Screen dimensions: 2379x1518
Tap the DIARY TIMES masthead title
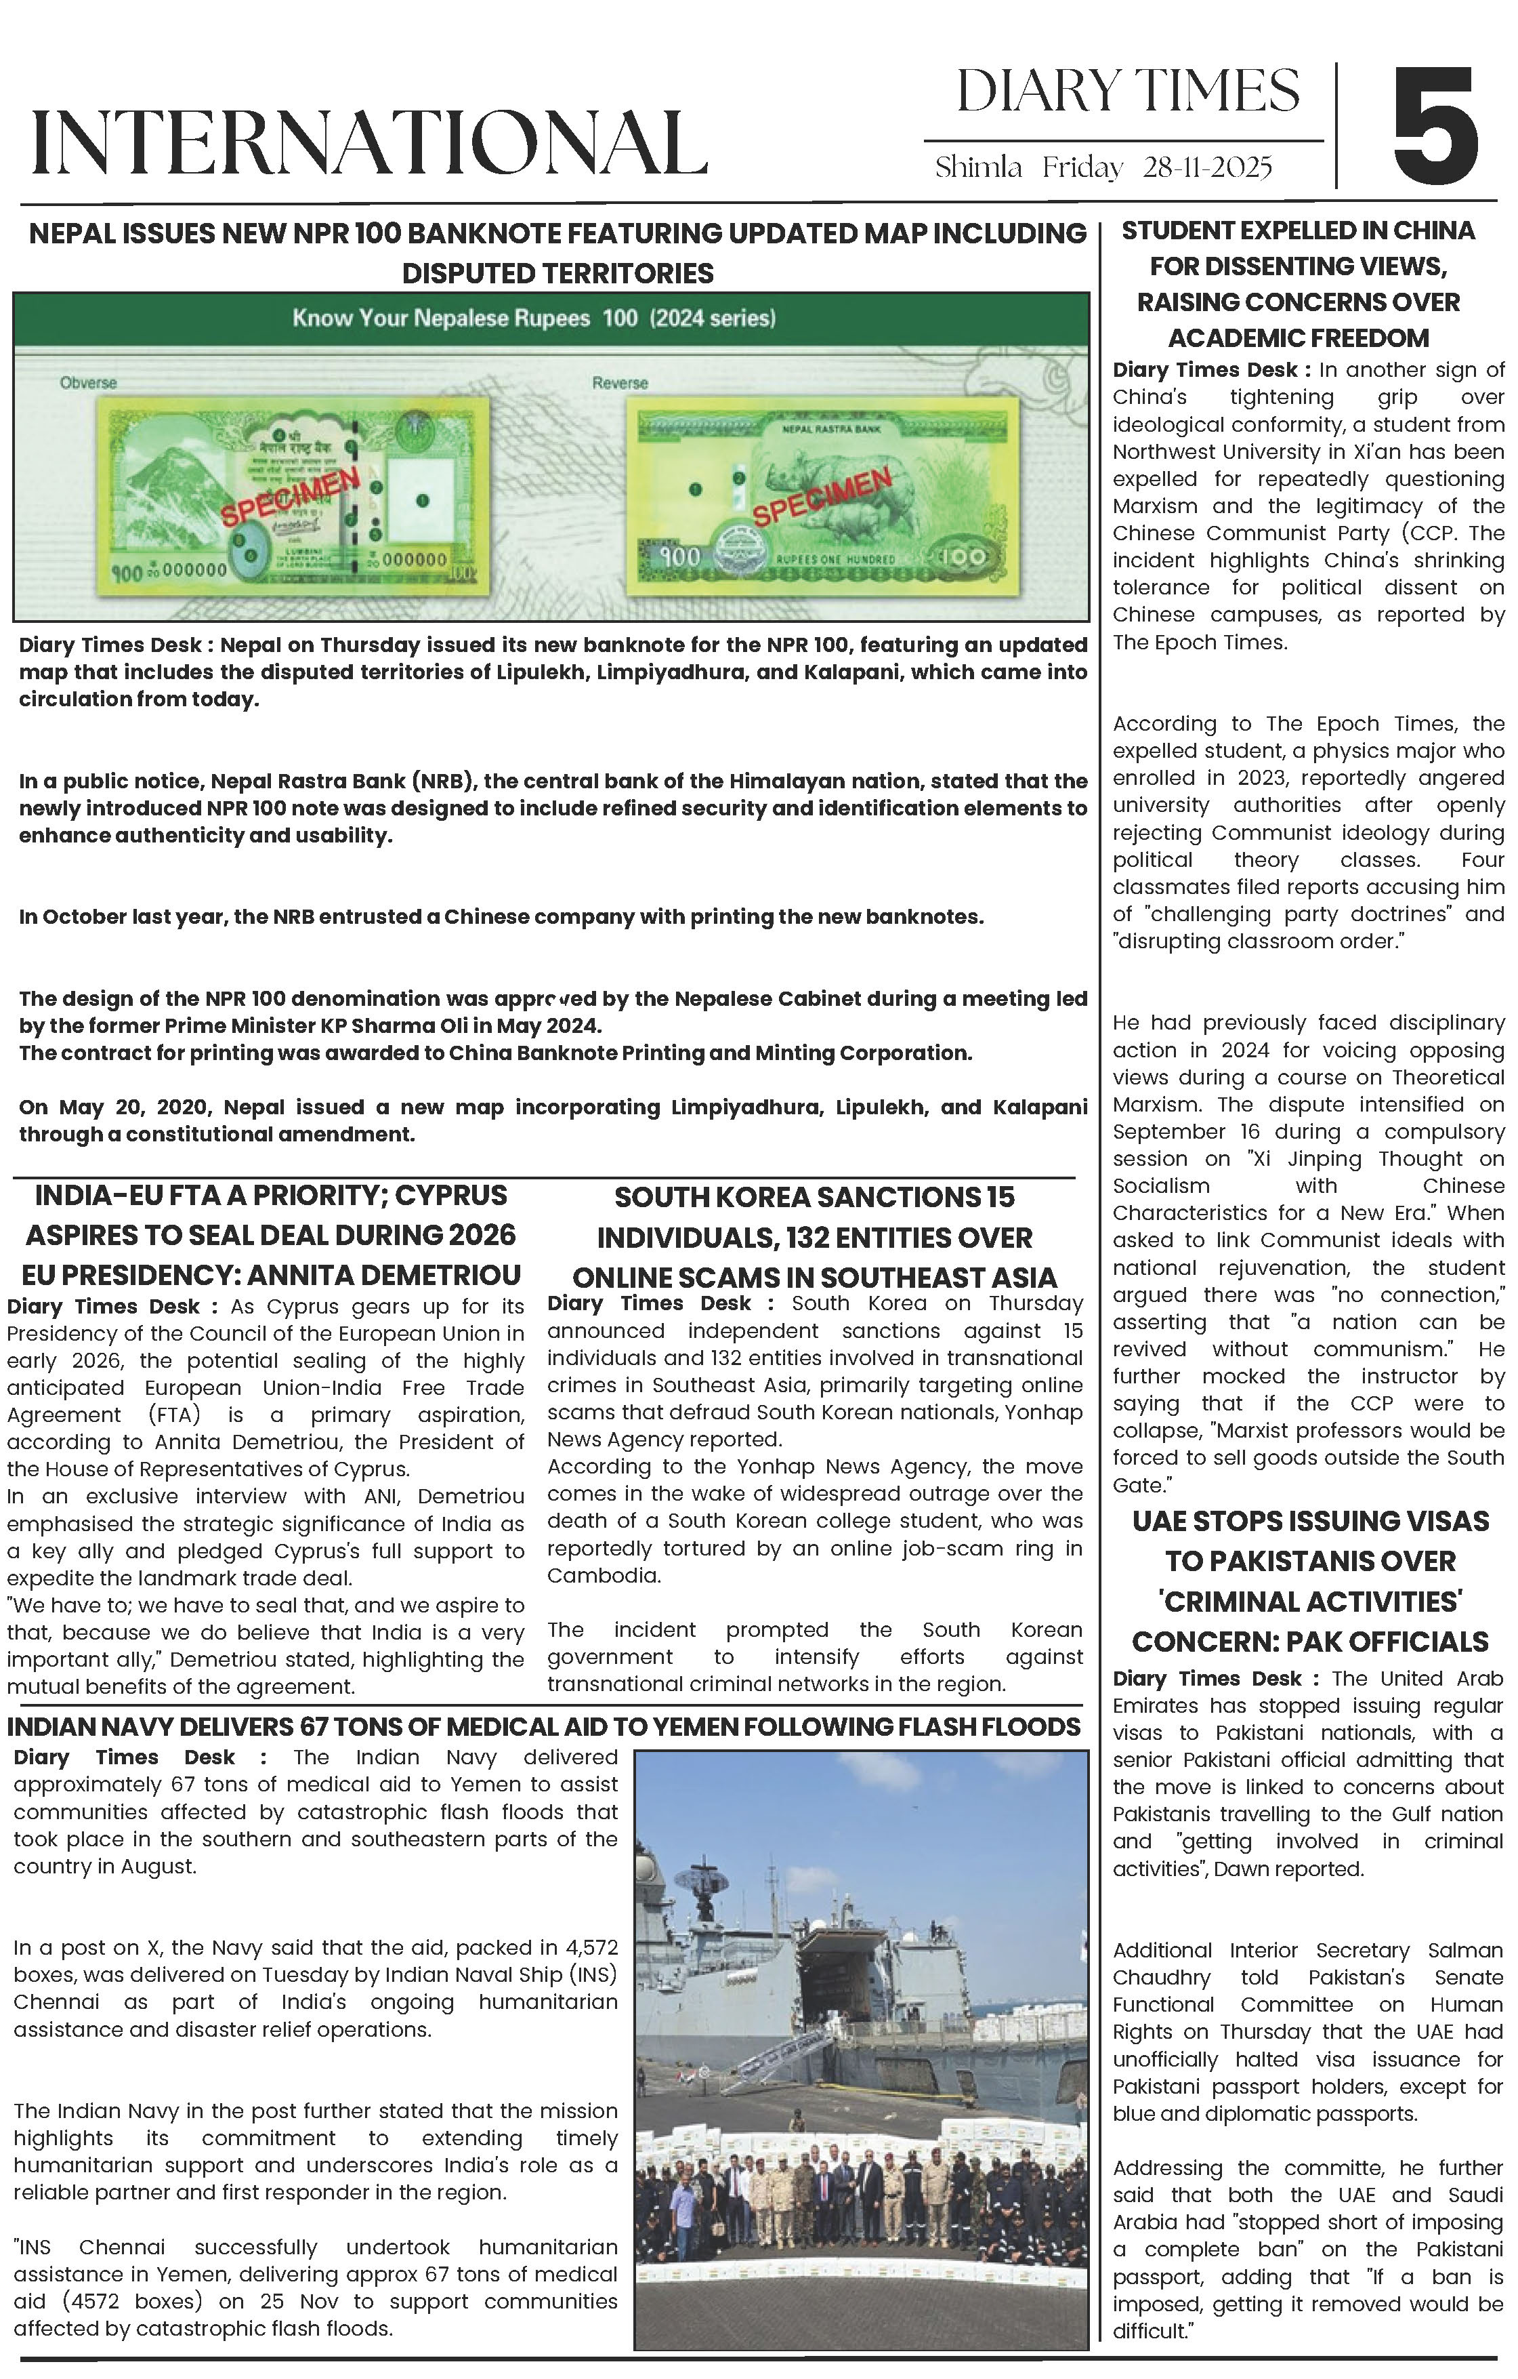[1127, 92]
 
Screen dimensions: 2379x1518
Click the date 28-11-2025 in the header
[1207, 168]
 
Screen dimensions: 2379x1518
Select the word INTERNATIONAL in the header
[369, 143]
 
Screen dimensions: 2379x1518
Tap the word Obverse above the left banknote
[88, 382]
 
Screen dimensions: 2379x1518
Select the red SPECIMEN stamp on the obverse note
[289, 498]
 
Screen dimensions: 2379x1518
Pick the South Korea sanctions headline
[815, 1237]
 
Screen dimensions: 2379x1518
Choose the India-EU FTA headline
[271, 1235]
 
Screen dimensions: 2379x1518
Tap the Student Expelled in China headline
[1298, 283]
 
